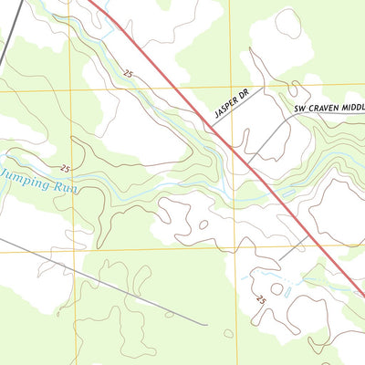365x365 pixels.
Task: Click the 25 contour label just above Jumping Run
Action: point(65,168)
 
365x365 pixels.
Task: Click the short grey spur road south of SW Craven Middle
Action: point(294,245)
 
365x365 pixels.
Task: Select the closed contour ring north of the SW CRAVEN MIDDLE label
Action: point(288,25)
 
